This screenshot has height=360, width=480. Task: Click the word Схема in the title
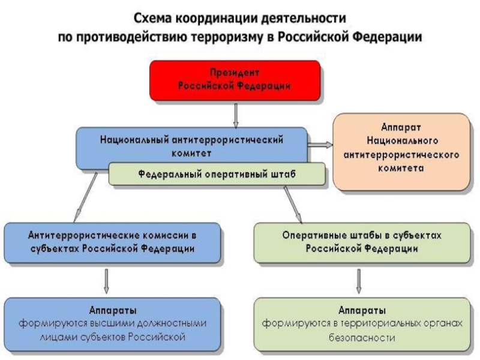(x=152, y=19)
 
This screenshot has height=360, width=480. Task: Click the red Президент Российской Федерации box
(x=235, y=80)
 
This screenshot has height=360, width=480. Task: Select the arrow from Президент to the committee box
(x=236, y=115)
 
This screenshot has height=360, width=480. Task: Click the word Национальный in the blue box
(x=134, y=140)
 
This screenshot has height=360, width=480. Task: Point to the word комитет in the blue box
(x=191, y=153)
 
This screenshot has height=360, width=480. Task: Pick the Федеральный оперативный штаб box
(x=217, y=174)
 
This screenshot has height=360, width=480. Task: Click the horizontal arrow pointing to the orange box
(x=320, y=145)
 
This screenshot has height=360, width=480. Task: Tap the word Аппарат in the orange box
(x=401, y=127)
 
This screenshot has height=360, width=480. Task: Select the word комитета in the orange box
(x=401, y=168)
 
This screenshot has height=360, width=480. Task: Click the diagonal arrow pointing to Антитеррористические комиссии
(x=85, y=197)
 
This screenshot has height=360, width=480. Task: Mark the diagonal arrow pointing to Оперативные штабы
(x=293, y=205)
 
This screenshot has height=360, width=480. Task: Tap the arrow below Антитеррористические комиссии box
(x=106, y=281)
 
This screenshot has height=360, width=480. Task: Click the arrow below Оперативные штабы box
(x=359, y=281)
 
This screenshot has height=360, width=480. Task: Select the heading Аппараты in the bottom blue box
(x=113, y=310)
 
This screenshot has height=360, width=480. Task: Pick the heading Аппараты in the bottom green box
(x=362, y=310)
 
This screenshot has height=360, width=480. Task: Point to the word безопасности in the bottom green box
(x=362, y=338)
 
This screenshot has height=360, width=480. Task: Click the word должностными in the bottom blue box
(x=172, y=323)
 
